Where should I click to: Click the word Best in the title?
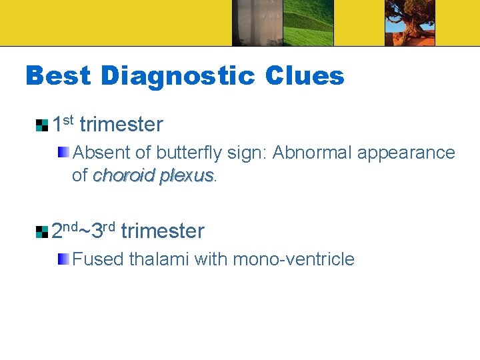[x=57, y=76]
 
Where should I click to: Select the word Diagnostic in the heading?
[x=177, y=76]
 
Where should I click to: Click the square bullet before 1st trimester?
[x=42, y=125]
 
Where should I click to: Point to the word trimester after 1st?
[x=121, y=125]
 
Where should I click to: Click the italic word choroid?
[x=124, y=175]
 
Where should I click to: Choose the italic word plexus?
[x=187, y=175]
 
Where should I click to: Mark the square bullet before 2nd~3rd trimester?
[x=42, y=232]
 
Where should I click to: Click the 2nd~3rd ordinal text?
[x=83, y=231]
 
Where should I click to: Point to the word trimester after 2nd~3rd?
[x=163, y=231]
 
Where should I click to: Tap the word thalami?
[x=157, y=259]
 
